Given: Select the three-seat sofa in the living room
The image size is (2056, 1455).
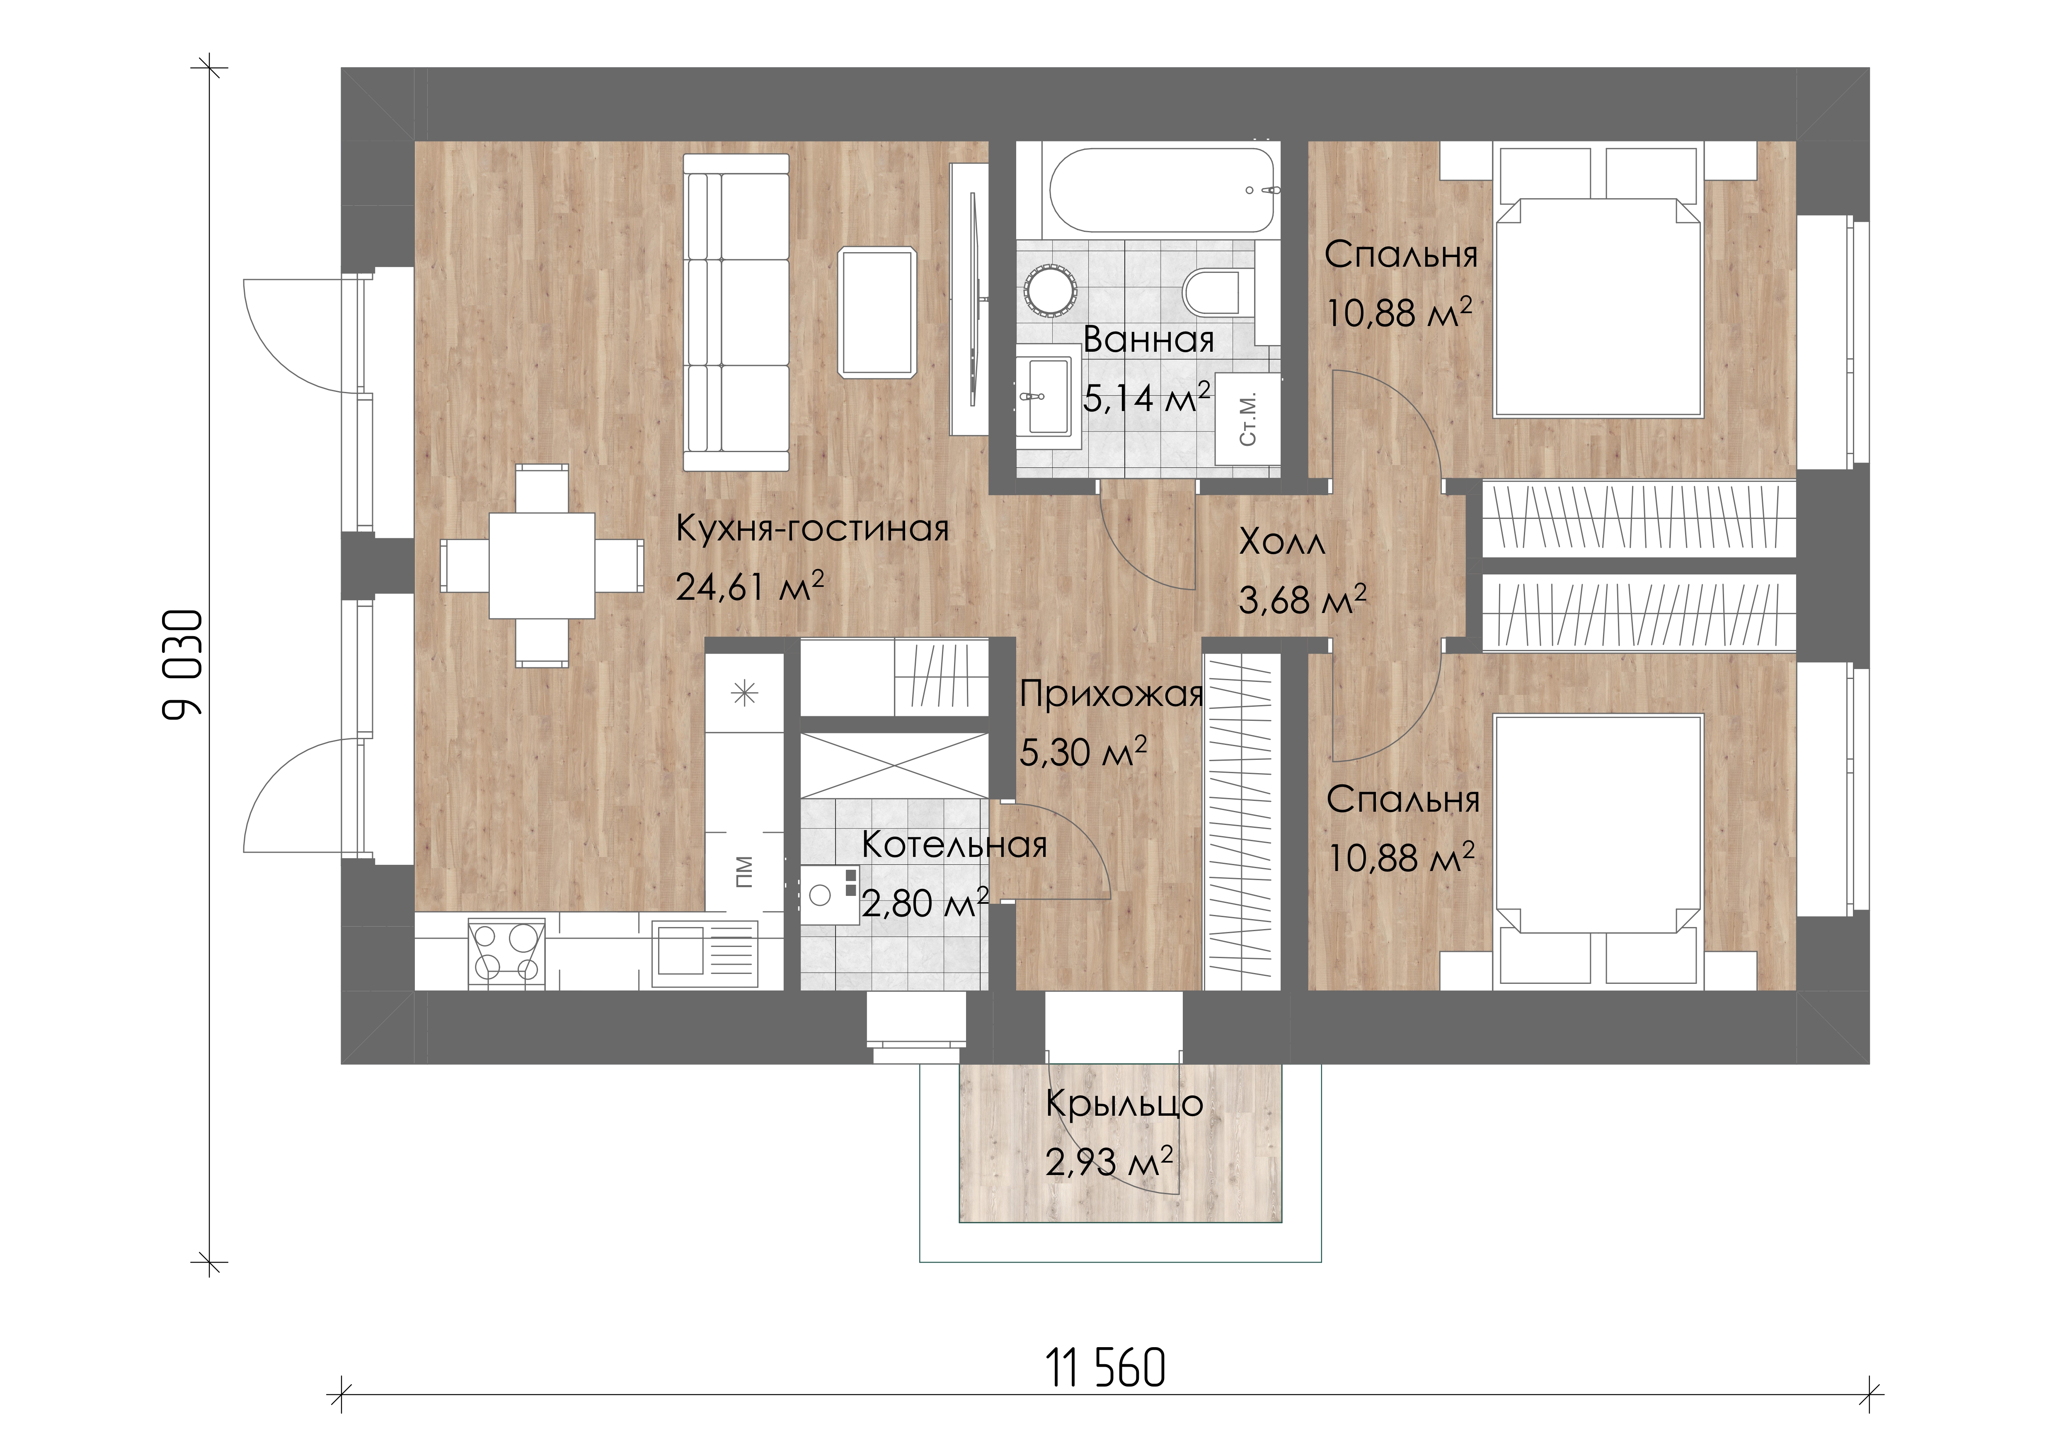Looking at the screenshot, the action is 736,312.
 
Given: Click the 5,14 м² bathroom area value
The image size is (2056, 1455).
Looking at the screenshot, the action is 1146,397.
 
